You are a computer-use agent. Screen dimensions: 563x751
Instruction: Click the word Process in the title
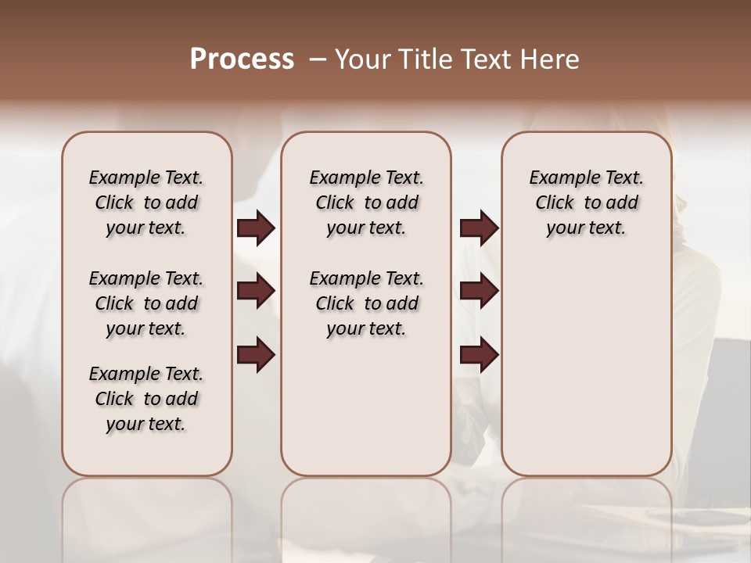(x=242, y=59)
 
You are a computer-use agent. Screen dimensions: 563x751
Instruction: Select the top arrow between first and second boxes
(x=256, y=228)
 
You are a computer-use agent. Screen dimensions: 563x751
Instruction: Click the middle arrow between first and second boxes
(x=256, y=291)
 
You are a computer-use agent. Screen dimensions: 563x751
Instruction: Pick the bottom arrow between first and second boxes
(x=256, y=355)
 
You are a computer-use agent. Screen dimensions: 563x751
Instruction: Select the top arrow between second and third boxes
(x=479, y=228)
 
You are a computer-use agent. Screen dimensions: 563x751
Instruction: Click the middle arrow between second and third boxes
(x=479, y=291)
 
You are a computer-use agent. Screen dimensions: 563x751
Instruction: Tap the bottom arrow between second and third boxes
(x=479, y=355)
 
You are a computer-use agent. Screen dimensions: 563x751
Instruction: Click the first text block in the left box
(x=146, y=203)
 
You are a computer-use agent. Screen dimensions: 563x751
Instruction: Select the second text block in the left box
(x=146, y=303)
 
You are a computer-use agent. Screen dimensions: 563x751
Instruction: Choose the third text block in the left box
(x=146, y=399)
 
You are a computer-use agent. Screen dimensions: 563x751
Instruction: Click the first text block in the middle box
(x=366, y=203)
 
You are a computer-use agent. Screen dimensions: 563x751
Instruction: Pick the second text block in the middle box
(x=366, y=303)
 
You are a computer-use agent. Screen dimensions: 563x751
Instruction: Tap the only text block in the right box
(x=586, y=203)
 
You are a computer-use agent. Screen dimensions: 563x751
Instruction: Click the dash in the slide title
(x=316, y=59)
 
